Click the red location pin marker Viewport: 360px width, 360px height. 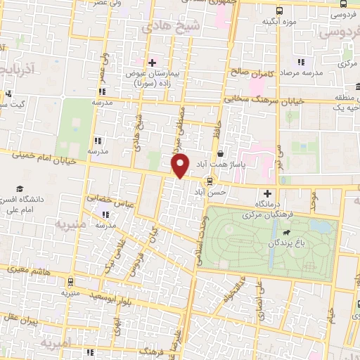point(180,166)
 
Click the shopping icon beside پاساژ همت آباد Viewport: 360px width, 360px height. point(221,154)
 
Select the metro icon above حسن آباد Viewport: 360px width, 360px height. point(209,180)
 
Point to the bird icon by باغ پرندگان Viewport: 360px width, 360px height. point(285,233)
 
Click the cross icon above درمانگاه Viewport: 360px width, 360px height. point(266,193)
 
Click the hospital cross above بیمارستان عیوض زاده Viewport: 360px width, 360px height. point(151,63)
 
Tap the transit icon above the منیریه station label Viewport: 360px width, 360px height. point(70,281)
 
